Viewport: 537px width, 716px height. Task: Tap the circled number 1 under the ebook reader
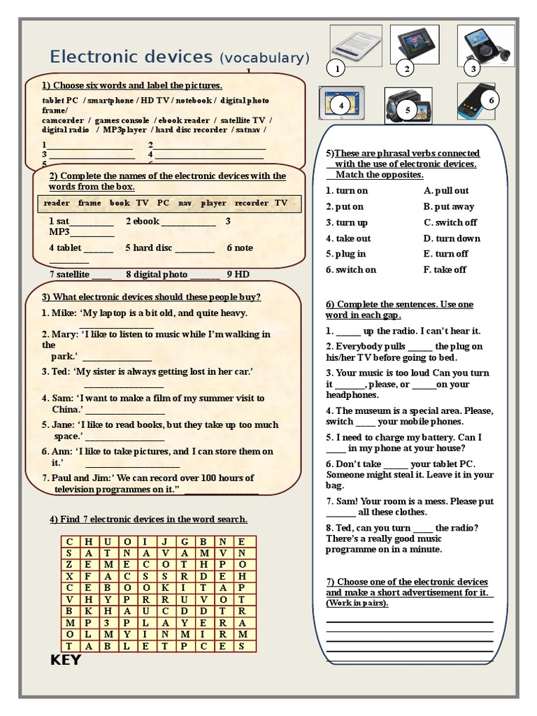[336, 69]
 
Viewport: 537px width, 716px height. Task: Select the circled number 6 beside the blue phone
[492, 101]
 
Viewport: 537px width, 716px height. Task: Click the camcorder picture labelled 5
[405, 103]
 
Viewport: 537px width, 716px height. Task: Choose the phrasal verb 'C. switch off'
[450, 222]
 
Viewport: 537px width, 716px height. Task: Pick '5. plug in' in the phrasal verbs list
[345, 254]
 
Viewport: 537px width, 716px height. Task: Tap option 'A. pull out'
[446, 190]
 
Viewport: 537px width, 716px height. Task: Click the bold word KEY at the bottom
[66, 660]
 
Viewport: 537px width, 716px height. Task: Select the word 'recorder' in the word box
[251, 203]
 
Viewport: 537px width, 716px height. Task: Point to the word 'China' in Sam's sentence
[66, 409]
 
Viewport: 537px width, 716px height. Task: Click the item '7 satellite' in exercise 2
[70, 274]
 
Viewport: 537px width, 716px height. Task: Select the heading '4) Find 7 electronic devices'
[148, 519]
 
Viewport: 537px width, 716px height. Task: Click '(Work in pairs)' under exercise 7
[357, 603]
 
